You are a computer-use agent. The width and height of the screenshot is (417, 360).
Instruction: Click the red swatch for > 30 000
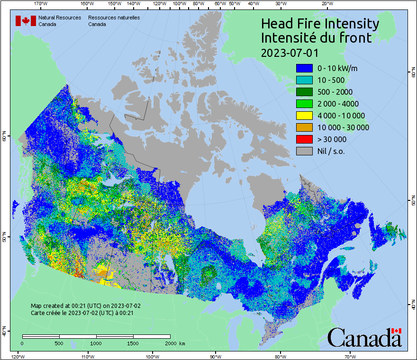(304, 139)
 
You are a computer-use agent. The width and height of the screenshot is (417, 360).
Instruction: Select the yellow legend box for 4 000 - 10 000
(304, 116)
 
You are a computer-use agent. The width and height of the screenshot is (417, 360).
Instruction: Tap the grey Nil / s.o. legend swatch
(304, 151)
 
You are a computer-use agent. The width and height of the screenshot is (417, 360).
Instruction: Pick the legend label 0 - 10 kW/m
(337, 68)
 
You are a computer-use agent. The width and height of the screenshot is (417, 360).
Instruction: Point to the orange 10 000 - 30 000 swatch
(304, 127)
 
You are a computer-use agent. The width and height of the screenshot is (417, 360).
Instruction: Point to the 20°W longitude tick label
(326, 4)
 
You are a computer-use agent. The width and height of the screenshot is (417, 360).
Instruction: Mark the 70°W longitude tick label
(350, 356)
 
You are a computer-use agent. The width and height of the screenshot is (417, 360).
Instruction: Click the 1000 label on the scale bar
(96, 343)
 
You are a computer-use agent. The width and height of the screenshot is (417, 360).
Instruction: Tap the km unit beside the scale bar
(182, 343)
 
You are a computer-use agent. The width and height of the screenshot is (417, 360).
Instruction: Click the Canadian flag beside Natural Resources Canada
(26, 21)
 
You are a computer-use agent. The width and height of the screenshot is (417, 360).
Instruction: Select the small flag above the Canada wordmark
(396, 331)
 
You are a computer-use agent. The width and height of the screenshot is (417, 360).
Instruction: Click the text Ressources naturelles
(114, 18)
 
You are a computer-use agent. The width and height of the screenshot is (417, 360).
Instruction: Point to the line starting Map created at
(85, 306)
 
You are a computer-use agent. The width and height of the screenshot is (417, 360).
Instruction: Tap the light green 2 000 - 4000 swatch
(304, 104)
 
